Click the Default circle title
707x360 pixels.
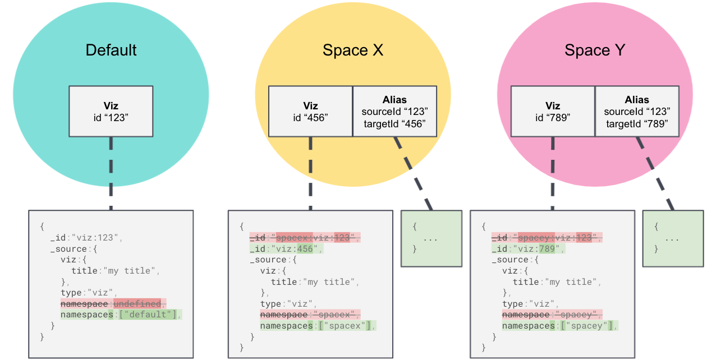[x=111, y=50]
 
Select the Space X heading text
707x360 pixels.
[x=353, y=50]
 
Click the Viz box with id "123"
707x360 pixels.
[x=111, y=111]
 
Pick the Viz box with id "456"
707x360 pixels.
[x=310, y=111]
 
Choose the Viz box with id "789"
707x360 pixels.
[x=553, y=111]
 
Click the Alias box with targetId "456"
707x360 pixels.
[x=394, y=111]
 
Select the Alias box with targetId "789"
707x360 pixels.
[x=637, y=111]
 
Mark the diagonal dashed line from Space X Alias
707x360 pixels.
[x=414, y=174]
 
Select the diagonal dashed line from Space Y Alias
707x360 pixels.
[x=656, y=174]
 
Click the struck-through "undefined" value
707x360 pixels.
[x=137, y=303]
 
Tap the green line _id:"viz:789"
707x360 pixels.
[x=528, y=248]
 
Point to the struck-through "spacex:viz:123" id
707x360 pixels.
[x=313, y=238]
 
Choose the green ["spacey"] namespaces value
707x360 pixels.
[x=589, y=326]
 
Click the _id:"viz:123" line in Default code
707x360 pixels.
[x=86, y=238]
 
